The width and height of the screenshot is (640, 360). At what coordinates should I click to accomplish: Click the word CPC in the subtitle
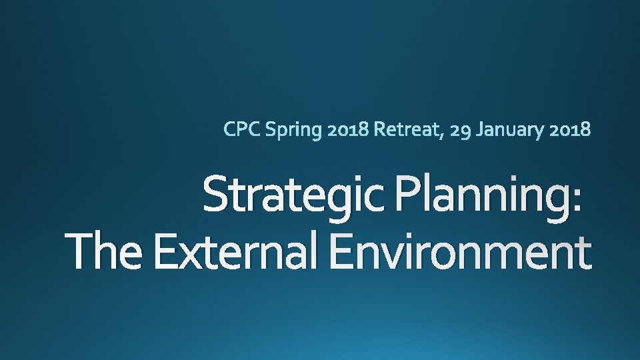pyautogui.click(x=242, y=129)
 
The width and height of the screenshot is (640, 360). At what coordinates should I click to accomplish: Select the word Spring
pyautogui.click(x=293, y=130)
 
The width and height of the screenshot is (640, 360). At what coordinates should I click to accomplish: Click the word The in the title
pyautogui.click(x=106, y=253)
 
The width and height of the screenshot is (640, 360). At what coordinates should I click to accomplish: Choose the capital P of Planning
pyautogui.click(x=406, y=193)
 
